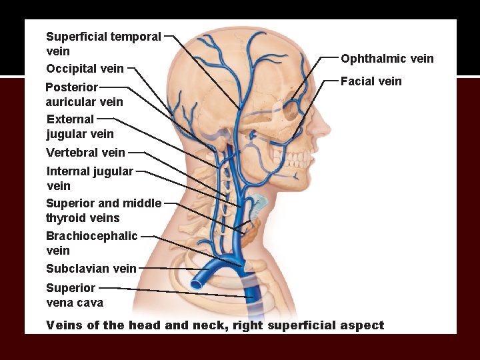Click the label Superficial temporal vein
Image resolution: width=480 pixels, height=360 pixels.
(103, 43)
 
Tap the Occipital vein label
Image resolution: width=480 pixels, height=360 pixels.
(85, 68)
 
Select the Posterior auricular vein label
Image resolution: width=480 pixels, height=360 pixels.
(84, 94)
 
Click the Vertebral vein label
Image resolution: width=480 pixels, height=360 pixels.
(85, 153)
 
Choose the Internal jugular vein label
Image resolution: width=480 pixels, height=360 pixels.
(89, 178)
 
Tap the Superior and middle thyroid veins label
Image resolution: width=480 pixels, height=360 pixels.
(103, 211)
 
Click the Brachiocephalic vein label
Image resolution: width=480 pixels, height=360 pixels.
(91, 243)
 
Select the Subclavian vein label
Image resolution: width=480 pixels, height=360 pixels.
(91, 269)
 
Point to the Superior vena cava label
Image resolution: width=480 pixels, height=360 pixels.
(74, 295)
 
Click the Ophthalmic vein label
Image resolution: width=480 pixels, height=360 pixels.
(387, 59)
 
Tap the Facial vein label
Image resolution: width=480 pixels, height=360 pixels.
(371, 81)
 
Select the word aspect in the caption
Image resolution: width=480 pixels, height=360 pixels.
(364, 325)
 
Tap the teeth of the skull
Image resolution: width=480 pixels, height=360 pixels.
(300, 160)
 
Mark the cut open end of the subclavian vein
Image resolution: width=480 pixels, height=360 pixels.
(197, 283)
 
